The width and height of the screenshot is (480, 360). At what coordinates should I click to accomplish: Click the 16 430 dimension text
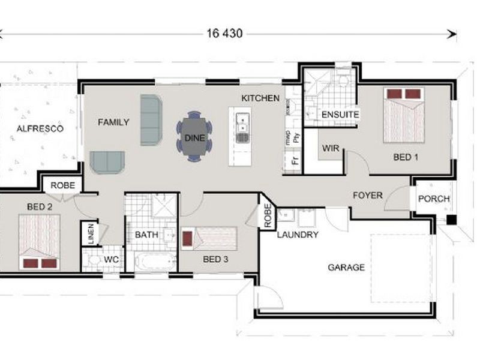[x=225, y=34]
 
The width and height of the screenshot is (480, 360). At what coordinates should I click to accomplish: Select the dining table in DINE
[x=194, y=137]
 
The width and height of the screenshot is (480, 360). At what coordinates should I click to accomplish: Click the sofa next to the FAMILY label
[x=151, y=119]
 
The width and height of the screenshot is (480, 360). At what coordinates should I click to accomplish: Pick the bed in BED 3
[x=210, y=238]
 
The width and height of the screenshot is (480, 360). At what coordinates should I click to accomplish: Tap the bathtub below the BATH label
[x=154, y=262]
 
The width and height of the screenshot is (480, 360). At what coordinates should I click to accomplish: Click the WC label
[x=112, y=259]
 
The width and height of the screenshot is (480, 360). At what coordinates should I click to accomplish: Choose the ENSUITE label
[x=340, y=114]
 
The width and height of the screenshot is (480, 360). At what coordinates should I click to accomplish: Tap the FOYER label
[x=368, y=196]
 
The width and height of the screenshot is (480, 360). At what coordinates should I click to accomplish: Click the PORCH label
[x=434, y=199]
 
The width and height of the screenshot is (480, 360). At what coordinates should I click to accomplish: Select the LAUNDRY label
[x=298, y=235]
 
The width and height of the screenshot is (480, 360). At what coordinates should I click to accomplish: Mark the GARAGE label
[x=346, y=268]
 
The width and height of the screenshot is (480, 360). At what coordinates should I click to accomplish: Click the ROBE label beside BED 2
[x=62, y=185]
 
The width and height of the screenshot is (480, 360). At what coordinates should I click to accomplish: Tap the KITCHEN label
[x=260, y=98]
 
